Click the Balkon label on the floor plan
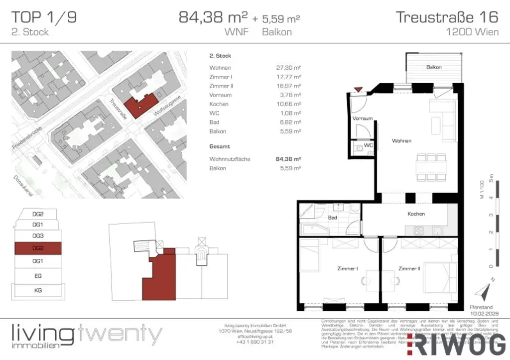434,67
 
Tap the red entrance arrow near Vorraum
357,90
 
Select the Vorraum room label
363,119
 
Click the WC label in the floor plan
368,145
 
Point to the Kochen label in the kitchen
416,214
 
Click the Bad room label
332,218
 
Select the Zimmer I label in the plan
347,268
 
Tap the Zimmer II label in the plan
408,268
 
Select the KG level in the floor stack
38,289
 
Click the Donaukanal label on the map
31,185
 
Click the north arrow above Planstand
484,290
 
